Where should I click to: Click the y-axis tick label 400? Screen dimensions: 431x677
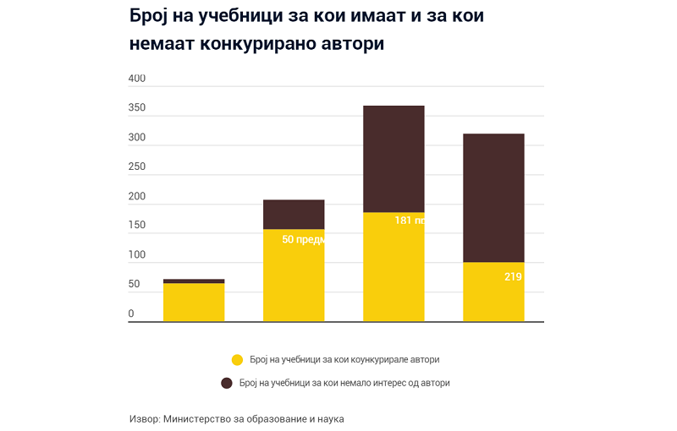click(x=137, y=79)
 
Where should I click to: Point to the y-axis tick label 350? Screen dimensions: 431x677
click(x=137, y=108)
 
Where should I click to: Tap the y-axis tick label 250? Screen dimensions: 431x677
click(x=137, y=166)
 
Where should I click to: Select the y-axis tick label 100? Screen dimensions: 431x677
click(x=137, y=255)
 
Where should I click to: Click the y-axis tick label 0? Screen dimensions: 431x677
click(x=131, y=314)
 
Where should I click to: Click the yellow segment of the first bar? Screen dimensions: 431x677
click(x=194, y=302)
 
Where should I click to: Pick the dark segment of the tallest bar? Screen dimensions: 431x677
click(x=394, y=159)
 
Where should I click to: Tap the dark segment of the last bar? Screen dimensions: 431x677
click(x=493, y=198)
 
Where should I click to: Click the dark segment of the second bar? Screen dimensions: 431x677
click(x=294, y=215)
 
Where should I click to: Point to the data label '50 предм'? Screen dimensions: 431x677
click(x=303, y=239)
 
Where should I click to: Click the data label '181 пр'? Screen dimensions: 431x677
click(x=409, y=221)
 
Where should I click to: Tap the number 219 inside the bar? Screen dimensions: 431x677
click(x=513, y=276)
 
